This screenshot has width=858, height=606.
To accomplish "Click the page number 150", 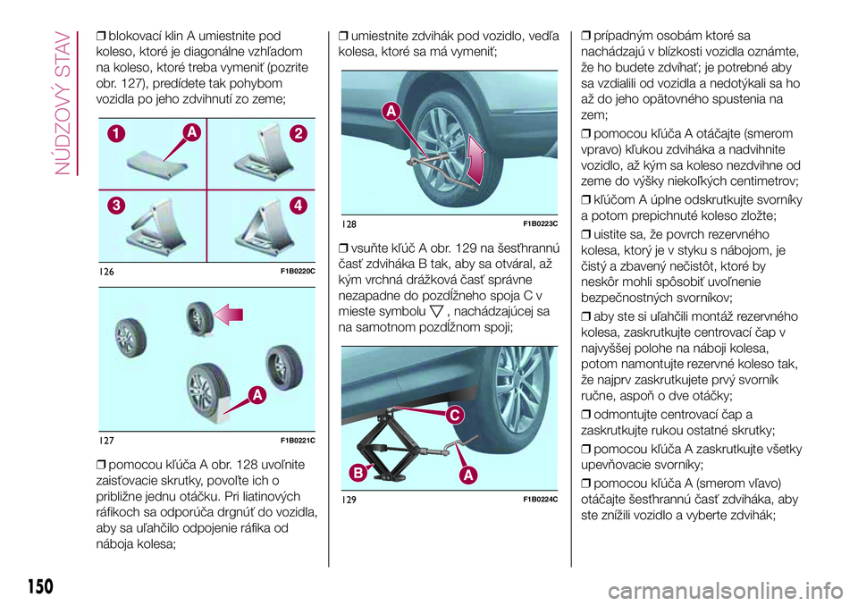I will pos(35,587).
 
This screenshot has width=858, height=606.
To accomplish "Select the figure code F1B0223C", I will pos(540,223).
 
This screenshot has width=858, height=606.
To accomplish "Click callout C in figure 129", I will pos(453,416).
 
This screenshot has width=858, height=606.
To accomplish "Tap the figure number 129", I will pos(348,498).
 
